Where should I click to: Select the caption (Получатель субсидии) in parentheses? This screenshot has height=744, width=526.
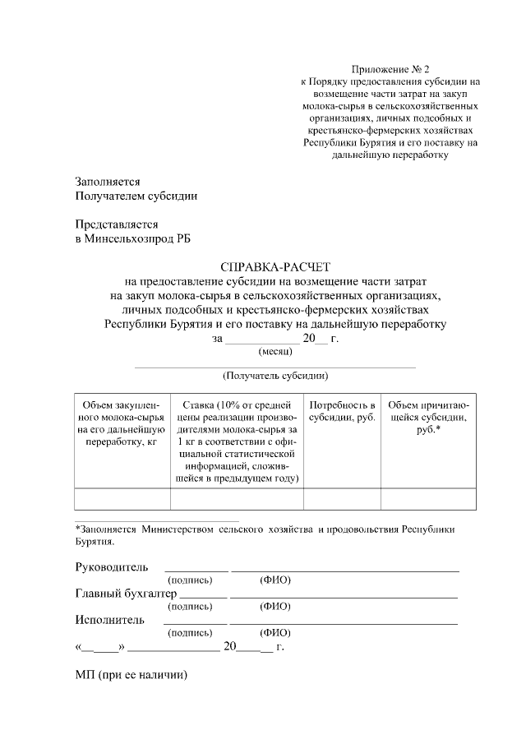click(x=275, y=376)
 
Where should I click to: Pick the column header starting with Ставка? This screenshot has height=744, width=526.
click(x=237, y=441)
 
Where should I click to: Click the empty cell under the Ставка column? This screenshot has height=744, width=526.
click(x=237, y=499)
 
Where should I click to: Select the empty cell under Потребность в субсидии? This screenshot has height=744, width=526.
click(x=343, y=499)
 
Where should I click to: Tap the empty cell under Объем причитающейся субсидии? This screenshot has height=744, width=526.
click(x=428, y=499)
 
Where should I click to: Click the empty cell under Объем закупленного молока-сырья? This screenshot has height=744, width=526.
click(x=122, y=499)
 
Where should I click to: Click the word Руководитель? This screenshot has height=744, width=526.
click(x=112, y=567)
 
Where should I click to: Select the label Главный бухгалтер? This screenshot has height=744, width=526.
click(x=126, y=594)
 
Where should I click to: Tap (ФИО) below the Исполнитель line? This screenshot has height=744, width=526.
click(x=275, y=633)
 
